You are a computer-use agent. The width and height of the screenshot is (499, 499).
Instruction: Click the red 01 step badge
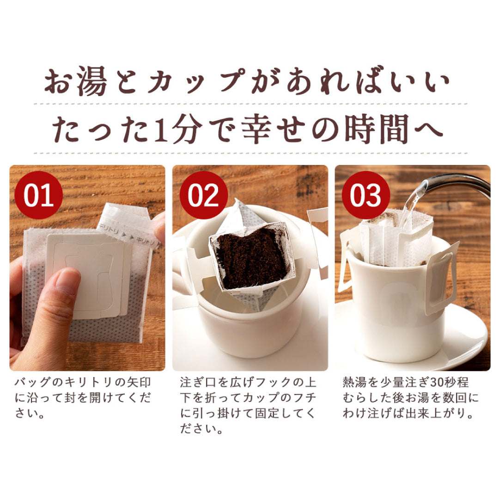(x=38, y=195)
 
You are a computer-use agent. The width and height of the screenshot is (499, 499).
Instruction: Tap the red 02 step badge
(x=203, y=195)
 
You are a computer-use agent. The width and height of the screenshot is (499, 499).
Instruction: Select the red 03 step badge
(x=365, y=195)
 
